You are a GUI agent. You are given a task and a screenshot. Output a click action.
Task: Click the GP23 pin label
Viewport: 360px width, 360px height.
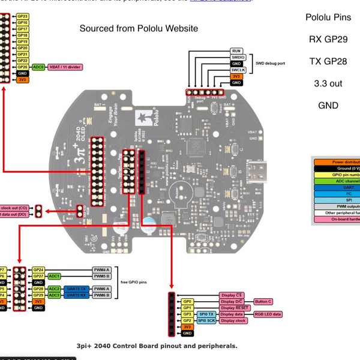[x=22, y=16]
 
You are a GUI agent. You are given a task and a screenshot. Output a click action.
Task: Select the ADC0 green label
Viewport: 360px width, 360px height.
[x=38, y=67]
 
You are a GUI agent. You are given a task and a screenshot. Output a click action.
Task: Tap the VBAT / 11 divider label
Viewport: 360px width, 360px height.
[x=65, y=67]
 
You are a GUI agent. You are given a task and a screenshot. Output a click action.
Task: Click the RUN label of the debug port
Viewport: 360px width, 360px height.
[x=236, y=51]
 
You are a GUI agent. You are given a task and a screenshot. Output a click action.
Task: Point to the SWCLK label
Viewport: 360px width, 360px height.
[x=237, y=70]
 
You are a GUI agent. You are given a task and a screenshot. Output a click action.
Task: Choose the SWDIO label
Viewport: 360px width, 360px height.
[x=237, y=57]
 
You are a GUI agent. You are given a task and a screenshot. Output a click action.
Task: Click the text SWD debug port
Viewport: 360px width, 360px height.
[x=270, y=62]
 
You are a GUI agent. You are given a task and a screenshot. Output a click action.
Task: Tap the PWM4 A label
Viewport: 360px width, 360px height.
[x=101, y=270]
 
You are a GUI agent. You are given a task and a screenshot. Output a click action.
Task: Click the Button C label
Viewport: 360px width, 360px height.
[x=263, y=302]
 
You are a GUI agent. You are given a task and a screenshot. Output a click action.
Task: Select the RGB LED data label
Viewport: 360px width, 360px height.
[x=267, y=314]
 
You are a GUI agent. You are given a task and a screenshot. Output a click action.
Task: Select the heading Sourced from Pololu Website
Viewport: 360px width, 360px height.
[x=139, y=28]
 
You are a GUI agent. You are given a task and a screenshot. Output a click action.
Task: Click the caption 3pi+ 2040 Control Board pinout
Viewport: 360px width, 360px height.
[x=157, y=346]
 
